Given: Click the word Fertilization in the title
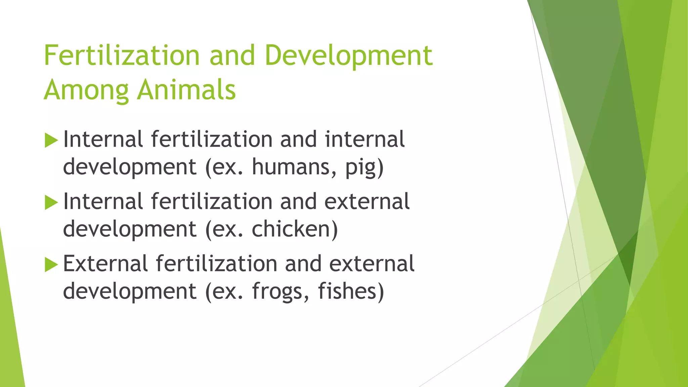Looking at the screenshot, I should (122, 55).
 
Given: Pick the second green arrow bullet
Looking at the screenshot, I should (51, 203).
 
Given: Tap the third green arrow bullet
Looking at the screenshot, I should (51, 264).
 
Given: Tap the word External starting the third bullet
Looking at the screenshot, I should (105, 263).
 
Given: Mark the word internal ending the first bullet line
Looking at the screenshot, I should (364, 139).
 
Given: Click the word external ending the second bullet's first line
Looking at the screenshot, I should (367, 202).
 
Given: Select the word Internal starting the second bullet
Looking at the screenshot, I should (103, 202).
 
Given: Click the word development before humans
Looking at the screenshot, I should (130, 167).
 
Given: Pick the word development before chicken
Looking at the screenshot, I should (130, 229).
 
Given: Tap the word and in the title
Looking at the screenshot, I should (232, 55).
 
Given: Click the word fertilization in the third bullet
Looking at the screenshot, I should (217, 263).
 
